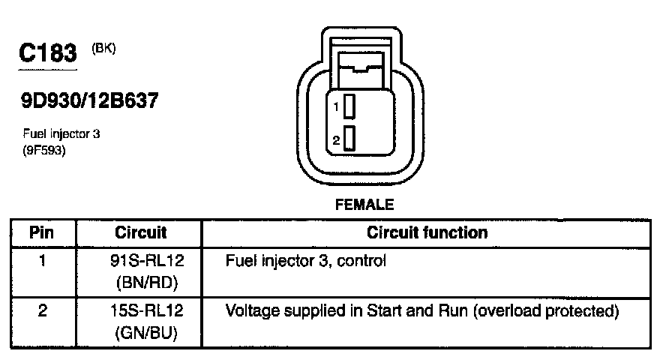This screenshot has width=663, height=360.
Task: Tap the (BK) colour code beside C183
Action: pyautogui.click(x=104, y=49)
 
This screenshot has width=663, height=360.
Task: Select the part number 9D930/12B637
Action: pyautogui.click(x=90, y=101)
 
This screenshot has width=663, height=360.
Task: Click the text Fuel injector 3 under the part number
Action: pyautogui.click(x=61, y=134)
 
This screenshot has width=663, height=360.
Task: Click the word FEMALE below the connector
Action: pyautogui.click(x=364, y=204)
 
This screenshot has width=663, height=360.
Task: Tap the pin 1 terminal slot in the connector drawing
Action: pyautogui.click(x=350, y=107)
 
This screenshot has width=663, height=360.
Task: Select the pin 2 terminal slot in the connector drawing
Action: pyautogui.click(x=350, y=139)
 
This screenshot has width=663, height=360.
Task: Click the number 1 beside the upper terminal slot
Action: pyautogui.click(x=337, y=108)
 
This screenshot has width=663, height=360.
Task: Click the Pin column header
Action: pyautogui.click(x=42, y=232)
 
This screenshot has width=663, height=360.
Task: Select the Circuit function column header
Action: pyautogui.click(x=427, y=232)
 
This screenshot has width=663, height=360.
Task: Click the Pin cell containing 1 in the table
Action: pyautogui.click(x=42, y=262)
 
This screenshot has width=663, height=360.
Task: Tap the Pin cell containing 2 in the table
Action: pyautogui.click(x=42, y=310)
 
